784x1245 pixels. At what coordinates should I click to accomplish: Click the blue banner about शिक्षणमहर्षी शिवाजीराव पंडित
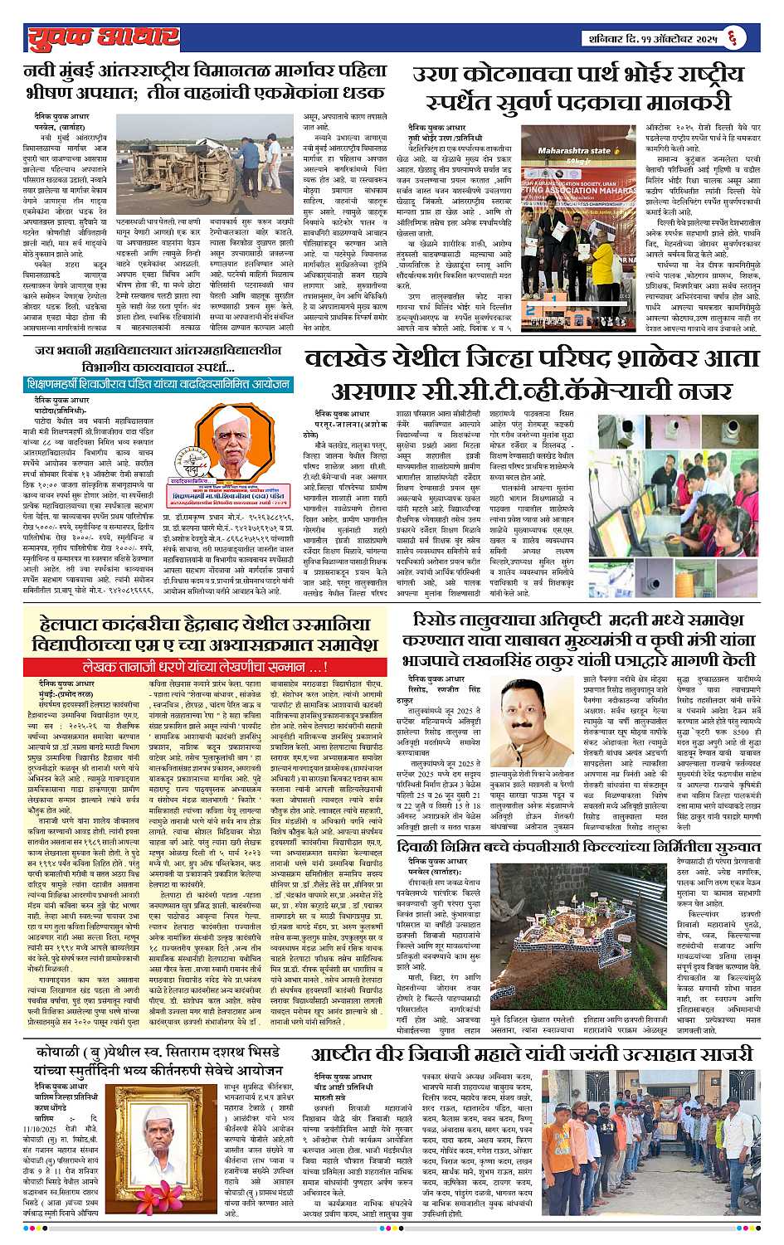158,385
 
